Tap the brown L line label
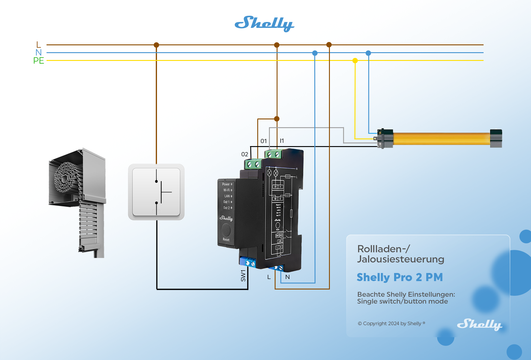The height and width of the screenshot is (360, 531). pos(38,45)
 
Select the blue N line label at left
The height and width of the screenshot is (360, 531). pos(38,52)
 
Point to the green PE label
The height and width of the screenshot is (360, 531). pos(39,61)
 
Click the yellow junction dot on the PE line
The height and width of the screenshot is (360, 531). pos(355,61)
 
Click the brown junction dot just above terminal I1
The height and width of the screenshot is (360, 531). pos(277,119)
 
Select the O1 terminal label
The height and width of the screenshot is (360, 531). pos(264,141)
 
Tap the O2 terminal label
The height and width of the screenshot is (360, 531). pos(245,154)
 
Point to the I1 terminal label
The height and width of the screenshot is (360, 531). pos(282,141)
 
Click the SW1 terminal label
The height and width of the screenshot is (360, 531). pos(243,275)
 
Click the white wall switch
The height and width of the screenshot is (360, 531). pos(156,192)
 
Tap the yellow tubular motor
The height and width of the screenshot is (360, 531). pos(441,139)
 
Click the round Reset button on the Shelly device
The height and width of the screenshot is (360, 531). pos(226,230)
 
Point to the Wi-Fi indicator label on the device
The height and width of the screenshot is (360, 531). pos(227,190)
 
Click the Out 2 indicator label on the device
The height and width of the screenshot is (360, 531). pos(226,208)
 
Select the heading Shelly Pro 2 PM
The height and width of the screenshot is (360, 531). pos(400,277)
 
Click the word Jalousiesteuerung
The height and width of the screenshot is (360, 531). pos(400,259)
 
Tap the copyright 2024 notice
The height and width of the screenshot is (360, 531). pos(391,323)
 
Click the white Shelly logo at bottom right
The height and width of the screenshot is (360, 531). pos(479,324)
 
